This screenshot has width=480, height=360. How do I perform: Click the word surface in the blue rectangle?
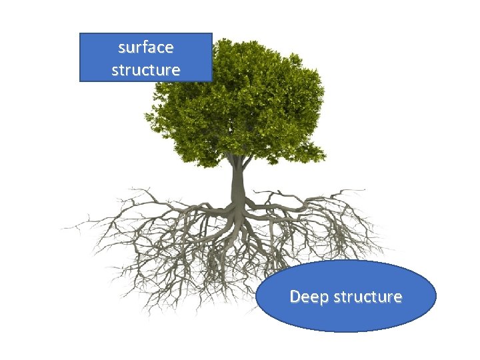click(145, 48)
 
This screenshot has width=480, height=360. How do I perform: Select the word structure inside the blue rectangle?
click(145, 69)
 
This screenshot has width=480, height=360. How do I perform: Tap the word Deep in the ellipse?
click(308, 297)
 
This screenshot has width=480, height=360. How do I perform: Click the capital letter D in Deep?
click(295, 296)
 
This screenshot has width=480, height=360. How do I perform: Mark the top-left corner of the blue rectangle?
click(80, 33)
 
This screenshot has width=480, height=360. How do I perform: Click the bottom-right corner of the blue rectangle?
click(212, 81)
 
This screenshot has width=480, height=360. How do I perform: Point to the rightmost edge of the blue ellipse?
click(436, 296)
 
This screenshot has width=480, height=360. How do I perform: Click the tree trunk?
click(237, 183)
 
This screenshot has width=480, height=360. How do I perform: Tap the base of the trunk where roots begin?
click(237, 203)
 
